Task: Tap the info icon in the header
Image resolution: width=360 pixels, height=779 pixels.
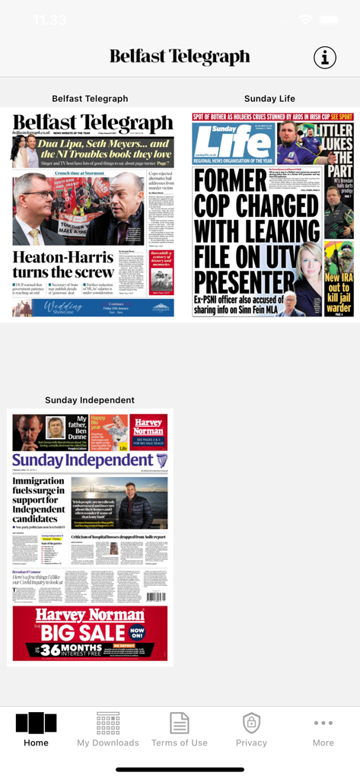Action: (325, 57)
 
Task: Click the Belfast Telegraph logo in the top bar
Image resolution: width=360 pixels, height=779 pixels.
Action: (180, 57)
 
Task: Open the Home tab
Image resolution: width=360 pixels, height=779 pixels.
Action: (36, 730)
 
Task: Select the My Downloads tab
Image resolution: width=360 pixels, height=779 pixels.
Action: (108, 730)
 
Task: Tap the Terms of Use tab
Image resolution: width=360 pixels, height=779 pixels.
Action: (180, 730)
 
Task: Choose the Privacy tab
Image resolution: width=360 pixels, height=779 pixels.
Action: (251, 730)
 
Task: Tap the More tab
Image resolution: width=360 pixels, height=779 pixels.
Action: (323, 730)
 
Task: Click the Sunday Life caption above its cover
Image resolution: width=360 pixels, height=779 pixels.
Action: (269, 99)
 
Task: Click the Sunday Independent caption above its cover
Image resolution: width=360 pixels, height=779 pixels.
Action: (90, 400)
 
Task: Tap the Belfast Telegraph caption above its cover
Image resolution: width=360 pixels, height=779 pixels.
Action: (90, 99)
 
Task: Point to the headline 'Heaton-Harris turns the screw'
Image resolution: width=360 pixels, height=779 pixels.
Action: (63, 264)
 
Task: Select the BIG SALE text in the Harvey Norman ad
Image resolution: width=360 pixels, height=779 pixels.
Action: (83, 633)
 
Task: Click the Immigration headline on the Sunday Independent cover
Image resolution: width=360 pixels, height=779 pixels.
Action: (40, 499)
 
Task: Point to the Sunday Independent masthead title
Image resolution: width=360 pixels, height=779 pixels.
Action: (83, 460)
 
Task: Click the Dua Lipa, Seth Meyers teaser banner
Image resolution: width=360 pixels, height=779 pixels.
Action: (93, 151)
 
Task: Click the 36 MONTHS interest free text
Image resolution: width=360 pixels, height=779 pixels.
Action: (72, 651)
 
